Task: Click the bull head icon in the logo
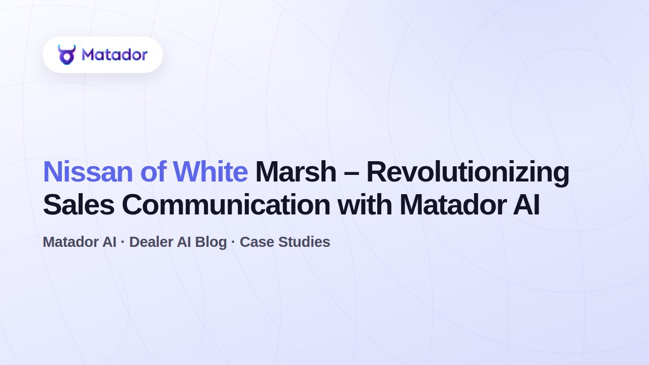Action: [66, 54]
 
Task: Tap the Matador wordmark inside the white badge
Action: [115, 54]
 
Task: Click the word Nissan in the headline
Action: [88, 172]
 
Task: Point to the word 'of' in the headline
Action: [153, 172]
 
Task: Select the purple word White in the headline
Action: [210, 172]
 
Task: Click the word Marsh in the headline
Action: [296, 172]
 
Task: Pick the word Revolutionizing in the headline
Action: [468, 173]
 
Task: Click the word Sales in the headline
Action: [79, 205]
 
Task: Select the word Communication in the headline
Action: [226, 205]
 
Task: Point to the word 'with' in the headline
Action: [365, 204]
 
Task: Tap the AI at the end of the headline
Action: [526, 205]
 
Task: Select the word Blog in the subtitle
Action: [211, 243]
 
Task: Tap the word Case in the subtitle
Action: [257, 242]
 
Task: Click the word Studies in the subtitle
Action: [304, 242]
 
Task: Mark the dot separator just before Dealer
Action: [123, 242]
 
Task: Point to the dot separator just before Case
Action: [233, 242]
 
